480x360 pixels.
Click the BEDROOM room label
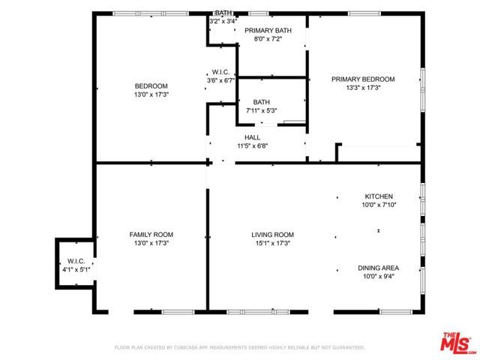click(151, 85)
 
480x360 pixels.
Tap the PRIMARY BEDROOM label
click(363, 79)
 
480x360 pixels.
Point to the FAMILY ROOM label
click(151, 235)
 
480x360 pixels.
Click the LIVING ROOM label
click(271, 235)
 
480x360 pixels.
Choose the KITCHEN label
click(378, 196)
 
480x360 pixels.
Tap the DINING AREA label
click(378, 268)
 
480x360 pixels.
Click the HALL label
click(252, 137)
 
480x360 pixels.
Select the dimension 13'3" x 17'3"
click(363, 88)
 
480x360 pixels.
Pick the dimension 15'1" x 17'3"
click(271, 243)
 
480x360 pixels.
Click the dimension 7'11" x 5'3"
click(261, 110)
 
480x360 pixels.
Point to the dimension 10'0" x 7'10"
click(378, 205)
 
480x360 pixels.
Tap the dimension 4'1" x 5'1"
click(76, 268)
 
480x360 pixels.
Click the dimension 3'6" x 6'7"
click(220, 80)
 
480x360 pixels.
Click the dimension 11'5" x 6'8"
click(252, 145)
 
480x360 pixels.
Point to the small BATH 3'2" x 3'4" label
click(223, 17)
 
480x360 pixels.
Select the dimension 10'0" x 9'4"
click(378, 276)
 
